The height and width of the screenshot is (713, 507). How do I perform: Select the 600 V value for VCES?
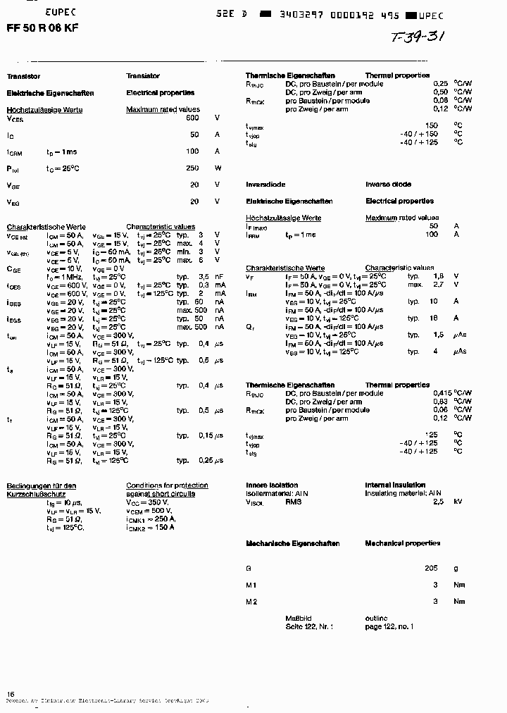pyautogui.click(x=192, y=118)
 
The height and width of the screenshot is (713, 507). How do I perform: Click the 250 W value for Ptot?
pyautogui.click(x=192, y=168)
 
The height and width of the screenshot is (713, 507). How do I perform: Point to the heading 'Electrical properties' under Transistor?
pyautogui.click(x=160, y=92)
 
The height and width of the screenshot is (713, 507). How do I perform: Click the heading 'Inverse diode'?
pyautogui.click(x=388, y=184)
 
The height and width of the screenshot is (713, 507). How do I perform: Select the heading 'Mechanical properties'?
pyautogui.click(x=402, y=543)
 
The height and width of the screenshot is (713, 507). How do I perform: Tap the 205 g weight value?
pyautogui.click(x=431, y=568)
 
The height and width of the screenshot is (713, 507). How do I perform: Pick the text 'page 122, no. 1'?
pyautogui.click(x=389, y=626)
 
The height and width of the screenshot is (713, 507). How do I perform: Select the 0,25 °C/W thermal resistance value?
pyautogui.click(x=441, y=84)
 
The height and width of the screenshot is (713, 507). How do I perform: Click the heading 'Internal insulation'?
pyautogui.click(x=395, y=485)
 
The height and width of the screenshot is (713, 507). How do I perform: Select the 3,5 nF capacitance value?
pyautogui.click(x=204, y=277)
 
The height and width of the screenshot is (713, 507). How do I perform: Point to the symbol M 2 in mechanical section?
pyautogui.click(x=251, y=602)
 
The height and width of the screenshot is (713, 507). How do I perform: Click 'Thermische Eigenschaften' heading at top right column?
pyautogui.click(x=280, y=75)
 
